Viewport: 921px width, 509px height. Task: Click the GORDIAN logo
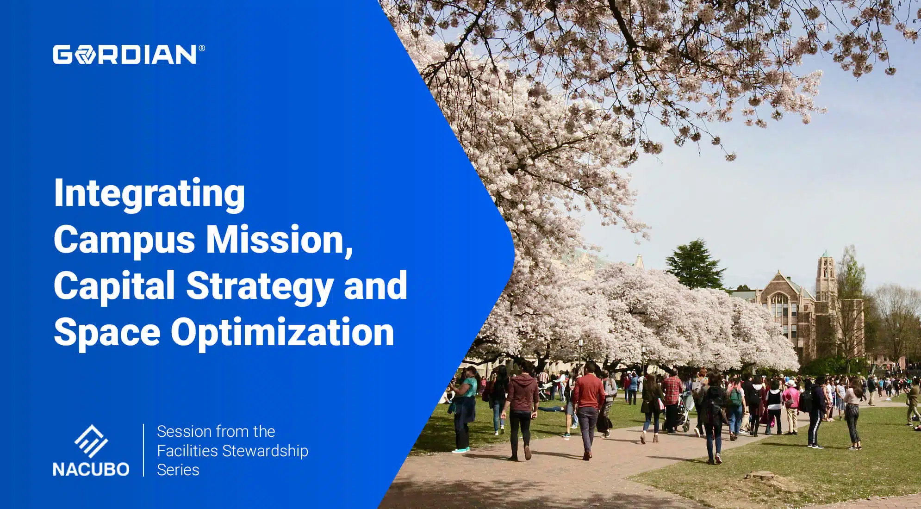pos(125,55)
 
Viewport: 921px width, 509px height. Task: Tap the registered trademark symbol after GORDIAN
pos(201,48)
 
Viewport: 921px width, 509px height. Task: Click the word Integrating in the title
pos(149,193)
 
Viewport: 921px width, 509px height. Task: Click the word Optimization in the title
pos(282,332)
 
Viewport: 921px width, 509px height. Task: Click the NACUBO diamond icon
pos(91,441)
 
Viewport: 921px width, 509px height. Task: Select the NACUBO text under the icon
pos(91,469)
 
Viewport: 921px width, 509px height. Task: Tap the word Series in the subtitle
pos(178,470)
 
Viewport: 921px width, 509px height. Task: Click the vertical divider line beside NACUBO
pos(143,450)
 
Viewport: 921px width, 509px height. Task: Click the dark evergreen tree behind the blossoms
pos(694,264)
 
